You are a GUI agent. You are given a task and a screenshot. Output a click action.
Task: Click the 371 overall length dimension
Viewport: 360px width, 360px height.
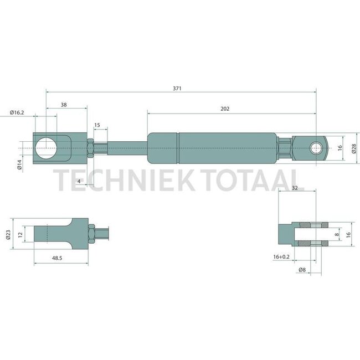(177, 88)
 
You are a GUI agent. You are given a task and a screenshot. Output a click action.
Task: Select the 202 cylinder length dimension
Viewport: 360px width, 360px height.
(224, 109)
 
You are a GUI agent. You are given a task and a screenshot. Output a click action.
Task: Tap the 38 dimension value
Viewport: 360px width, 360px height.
(64, 104)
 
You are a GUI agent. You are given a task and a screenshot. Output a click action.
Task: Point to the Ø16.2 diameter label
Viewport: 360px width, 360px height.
(17, 112)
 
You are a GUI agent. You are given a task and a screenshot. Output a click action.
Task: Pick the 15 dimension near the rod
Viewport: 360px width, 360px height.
(97, 125)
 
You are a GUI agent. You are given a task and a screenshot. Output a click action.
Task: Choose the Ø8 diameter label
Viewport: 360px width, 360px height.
(302, 270)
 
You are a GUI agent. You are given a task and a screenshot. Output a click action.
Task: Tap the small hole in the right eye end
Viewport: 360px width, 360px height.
(316, 148)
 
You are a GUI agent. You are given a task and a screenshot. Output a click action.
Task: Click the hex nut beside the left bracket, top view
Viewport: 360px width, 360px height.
(89, 148)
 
